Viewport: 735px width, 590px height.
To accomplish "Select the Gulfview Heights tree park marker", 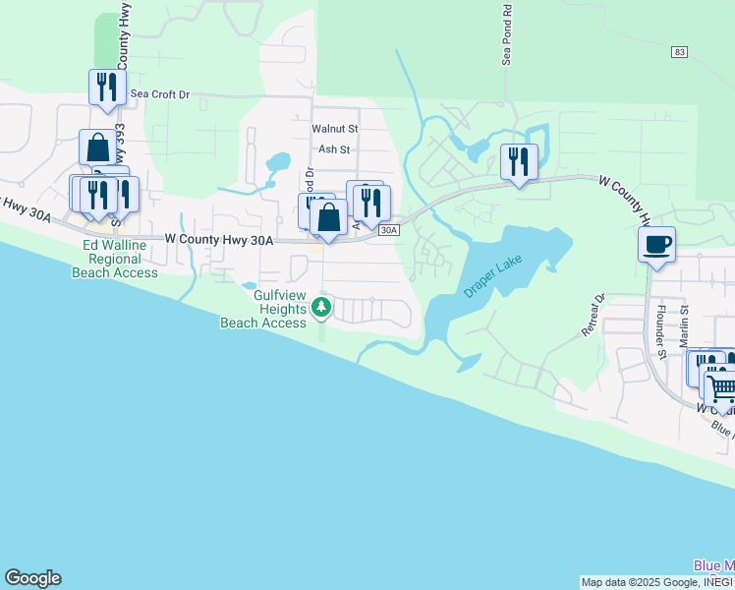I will [320, 309].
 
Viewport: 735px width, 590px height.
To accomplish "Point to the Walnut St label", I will [335, 128].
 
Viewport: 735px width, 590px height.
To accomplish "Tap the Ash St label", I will [334, 149].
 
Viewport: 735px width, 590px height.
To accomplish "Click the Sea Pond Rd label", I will [507, 36].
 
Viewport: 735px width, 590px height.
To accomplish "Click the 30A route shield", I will [388, 230].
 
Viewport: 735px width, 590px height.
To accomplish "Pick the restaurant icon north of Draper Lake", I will [518, 160].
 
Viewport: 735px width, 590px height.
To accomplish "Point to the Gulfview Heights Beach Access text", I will [264, 309].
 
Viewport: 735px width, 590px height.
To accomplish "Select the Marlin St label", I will [685, 324].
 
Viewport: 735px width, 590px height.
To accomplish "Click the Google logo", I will [32, 578].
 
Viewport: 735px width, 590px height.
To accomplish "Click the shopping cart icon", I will [720, 386].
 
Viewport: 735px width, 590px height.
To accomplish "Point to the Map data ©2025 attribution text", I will [639, 582].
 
